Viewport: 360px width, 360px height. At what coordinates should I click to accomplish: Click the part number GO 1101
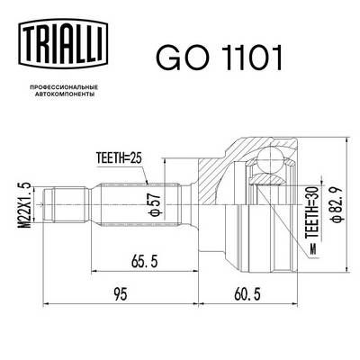coord(220,58)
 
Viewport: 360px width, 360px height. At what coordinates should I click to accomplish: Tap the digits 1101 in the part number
coord(247,58)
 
